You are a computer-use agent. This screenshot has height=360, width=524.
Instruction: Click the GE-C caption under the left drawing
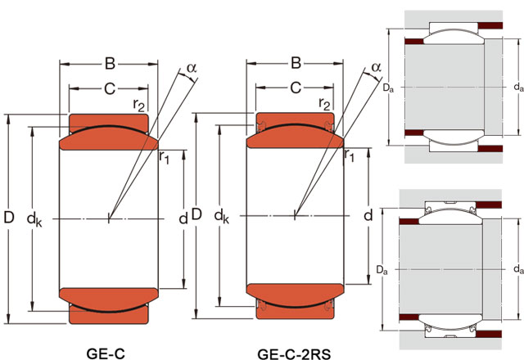[108, 353]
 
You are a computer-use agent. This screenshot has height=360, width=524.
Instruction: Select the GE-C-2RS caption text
[295, 353]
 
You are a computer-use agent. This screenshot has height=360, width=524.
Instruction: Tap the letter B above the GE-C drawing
[108, 63]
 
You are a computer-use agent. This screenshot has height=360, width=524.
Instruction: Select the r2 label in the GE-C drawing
[140, 104]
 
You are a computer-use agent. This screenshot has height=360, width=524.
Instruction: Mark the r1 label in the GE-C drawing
[164, 156]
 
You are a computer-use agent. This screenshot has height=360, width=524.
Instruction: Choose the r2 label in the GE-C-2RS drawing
[325, 104]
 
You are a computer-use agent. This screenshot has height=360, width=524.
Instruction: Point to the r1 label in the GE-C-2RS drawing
[350, 155]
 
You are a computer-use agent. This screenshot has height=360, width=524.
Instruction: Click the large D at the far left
[9, 218]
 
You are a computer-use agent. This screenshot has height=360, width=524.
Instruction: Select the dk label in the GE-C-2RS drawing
[221, 217]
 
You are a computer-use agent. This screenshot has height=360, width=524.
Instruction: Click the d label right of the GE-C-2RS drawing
[368, 216]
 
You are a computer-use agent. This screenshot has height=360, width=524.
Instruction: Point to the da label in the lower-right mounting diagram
[517, 268]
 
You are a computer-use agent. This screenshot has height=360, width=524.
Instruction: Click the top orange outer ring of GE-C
[109, 123]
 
